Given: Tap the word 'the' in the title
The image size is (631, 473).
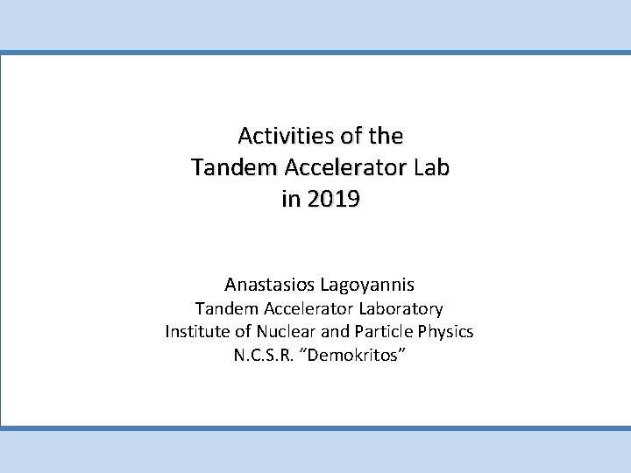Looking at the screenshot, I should (386, 138).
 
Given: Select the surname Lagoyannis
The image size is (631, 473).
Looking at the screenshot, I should (369, 284).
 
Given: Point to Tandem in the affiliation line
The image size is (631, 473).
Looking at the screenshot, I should (223, 308).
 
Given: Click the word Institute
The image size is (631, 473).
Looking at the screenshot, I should (195, 332).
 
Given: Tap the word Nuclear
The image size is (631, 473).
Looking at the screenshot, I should (280, 332).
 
